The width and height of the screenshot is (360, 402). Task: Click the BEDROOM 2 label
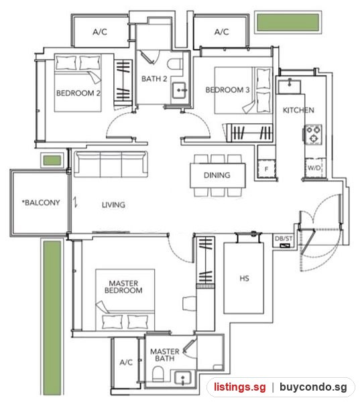(78, 93)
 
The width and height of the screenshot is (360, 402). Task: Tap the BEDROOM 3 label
(227, 90)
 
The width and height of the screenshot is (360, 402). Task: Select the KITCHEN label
(298, 111)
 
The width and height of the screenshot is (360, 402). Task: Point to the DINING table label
(217, 175)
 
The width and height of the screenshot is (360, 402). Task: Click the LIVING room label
(113, 205)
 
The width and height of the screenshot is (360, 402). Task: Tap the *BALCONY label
(41, 202)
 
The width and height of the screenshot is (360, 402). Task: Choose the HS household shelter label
(244, 278)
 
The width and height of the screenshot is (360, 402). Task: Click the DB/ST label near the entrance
(284, 239)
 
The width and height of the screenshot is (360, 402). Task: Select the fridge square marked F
(266, 169)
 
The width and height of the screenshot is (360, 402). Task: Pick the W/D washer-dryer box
(314, 168)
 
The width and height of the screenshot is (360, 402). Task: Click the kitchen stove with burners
(314, 134)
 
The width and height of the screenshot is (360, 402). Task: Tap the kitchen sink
(290, 86)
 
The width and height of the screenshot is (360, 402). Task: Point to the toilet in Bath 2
(175, 64)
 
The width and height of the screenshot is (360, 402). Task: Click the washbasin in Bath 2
(180, 90)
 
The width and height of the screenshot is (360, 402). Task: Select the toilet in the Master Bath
(158, 375)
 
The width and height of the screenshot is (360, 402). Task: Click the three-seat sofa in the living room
(111, 164)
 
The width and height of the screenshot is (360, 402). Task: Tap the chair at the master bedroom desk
(189, 304)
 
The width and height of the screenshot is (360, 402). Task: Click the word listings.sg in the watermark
(240, 387)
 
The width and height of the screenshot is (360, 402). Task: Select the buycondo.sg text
(313, 387)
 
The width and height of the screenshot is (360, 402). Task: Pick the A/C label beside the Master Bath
(126, 362)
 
